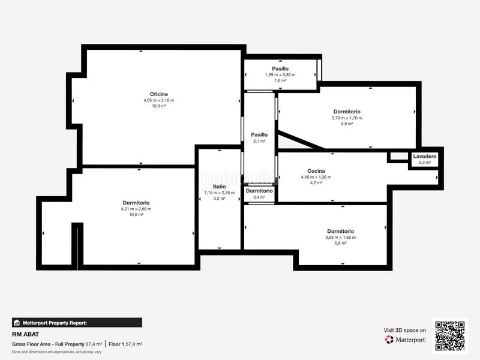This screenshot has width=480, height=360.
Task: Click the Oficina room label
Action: [x=158, y=94]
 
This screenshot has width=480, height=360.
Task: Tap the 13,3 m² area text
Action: [x=158, y=106]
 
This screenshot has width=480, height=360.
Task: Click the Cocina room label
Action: [x=316, y=171]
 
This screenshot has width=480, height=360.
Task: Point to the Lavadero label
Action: [x=424, y=157]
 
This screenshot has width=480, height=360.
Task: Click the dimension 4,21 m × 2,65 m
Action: [x=136, y=209]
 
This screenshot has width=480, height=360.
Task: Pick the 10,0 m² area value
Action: [x=136, y=215]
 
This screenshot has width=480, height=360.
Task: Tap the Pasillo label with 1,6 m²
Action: [x=280, y=69]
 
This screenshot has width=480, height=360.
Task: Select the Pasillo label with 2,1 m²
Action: [x=259, y=135]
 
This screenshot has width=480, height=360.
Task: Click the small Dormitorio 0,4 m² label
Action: [x=259, y=191]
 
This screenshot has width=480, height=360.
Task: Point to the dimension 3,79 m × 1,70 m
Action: [x=347, y=118]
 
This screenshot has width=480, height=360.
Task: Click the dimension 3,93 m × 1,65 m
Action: [x=340, y=238]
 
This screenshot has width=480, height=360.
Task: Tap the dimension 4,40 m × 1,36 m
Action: [x=316, y=178]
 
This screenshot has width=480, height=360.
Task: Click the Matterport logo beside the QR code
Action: [x=406, y=340]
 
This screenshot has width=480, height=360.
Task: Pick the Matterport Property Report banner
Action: [x=77, y=323]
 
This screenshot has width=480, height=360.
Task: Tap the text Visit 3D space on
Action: [x=405, y=330]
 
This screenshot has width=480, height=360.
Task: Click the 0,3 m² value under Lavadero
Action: [x=424, y=163]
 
